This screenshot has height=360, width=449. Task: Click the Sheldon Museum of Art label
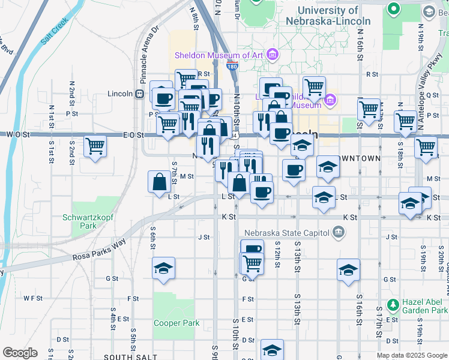coord(219,55)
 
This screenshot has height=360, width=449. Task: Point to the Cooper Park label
coord(176,323)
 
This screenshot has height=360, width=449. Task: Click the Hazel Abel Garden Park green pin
coord(393,305)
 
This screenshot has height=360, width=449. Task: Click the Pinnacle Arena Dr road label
coord(148,55)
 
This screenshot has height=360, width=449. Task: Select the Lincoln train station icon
coord(139,94)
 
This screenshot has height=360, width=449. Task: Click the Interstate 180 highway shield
coord(232,67)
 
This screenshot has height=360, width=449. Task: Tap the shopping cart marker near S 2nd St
coord(95,146)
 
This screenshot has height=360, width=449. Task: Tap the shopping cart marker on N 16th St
coord(369,109)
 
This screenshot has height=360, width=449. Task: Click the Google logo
coord(20,353)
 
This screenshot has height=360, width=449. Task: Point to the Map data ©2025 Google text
coord(411,355)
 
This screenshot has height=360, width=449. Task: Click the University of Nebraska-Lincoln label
coord(336,16)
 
